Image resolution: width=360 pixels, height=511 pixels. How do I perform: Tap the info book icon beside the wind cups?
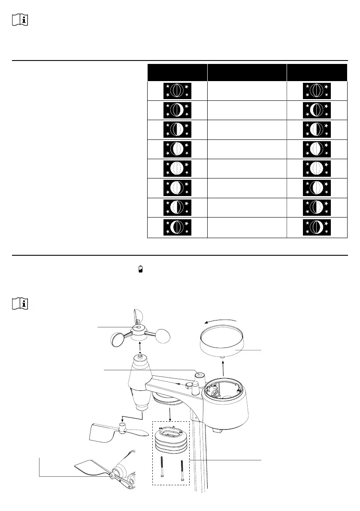tap(20, 304)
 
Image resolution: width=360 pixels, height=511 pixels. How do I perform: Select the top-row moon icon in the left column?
tap(177, 91)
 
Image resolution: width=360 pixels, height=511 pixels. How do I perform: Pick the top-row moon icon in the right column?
tap(317, 91)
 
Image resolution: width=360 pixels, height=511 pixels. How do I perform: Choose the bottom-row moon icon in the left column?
tap(177, 228)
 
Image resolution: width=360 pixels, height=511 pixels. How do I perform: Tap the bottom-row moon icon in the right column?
tap(317, 228)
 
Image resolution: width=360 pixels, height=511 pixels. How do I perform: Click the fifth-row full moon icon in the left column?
tap(177, 169)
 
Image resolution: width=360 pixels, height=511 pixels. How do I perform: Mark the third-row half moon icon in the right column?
tap(317, 130)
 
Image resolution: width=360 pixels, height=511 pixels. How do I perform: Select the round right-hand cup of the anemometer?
tap(166, 336)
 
